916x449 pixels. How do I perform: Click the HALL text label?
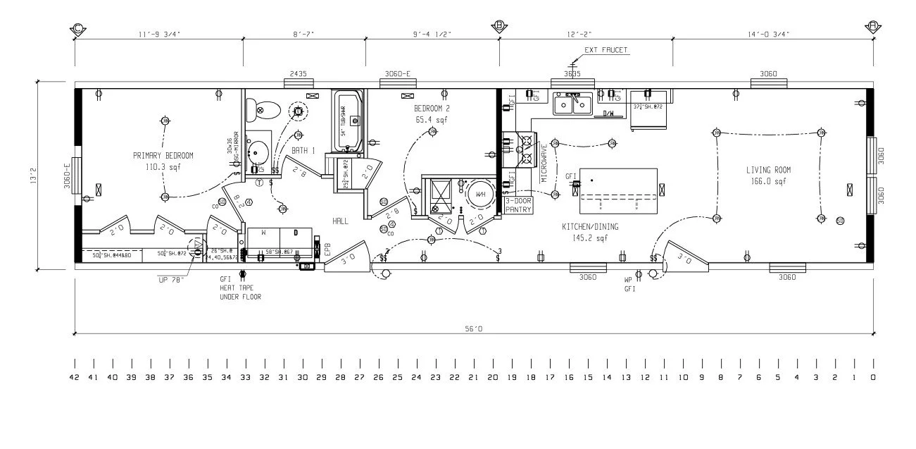[x=341, y=221]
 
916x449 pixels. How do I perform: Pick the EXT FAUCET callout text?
[x=606, y=50]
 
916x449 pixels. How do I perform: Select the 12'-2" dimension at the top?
[x=585, y=33]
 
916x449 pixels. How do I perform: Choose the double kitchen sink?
[x=572, y=105]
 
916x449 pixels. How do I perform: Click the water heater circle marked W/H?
[x=480, y=195]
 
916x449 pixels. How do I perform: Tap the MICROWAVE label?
[x=544, y=163]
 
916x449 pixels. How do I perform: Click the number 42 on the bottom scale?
[x=74, y=377]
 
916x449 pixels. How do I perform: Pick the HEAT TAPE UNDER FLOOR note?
[x=240, y=293]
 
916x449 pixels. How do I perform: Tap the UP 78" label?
[x=172, y=280]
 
